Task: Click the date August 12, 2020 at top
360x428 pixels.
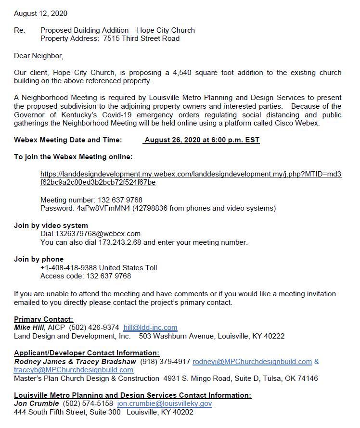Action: (x=40, y=13)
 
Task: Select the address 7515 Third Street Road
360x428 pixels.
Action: (x=141, y=38)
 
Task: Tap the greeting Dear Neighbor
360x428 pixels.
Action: (x=39, y=56)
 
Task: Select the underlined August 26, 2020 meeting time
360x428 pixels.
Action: (x=202, y=140)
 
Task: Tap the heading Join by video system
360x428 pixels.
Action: (x=51, y=225)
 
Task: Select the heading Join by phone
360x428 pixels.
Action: (x=39, y=259)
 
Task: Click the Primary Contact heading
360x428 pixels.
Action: (x=44, y=319)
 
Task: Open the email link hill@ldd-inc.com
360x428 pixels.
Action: (x=150, y=327)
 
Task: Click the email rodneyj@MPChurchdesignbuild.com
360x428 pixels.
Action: (x=252, y=362)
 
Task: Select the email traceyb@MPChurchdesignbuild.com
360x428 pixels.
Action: (x=74, y=370)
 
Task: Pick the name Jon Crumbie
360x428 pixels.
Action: (x=36, y=404)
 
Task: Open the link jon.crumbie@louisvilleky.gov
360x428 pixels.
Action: (x=164, y=404)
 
